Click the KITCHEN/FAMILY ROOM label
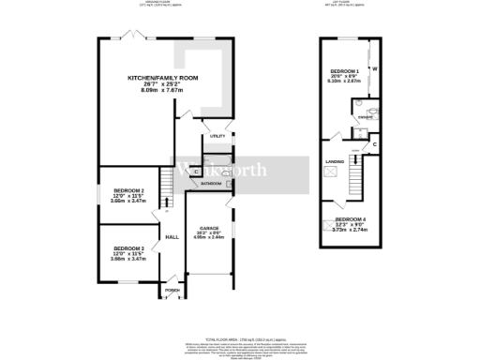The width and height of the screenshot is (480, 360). pyautogui.click(x=148, y=77)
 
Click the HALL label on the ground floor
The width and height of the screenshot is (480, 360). pyautogui.click(x=172, y=237)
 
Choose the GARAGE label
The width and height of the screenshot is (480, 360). pyautogui.click(x=208, y=227)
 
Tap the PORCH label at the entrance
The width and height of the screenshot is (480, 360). pyautogui.click(x=171, y=291)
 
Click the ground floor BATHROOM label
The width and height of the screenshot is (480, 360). pyautogui.click(x=211, y=184)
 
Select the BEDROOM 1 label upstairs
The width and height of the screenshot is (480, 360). pyautogui.click(x=343, y=71)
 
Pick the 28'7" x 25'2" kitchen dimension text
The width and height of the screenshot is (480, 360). pyautogui.click(x=148, y=84)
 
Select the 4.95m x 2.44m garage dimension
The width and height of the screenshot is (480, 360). pyautogui.click(x=208, y=237)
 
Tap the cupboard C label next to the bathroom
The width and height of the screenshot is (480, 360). pyautogui.click(x=195, y=172)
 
